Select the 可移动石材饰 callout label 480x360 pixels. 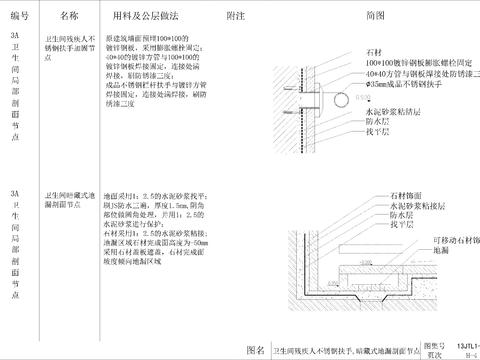tap(445, 240)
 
